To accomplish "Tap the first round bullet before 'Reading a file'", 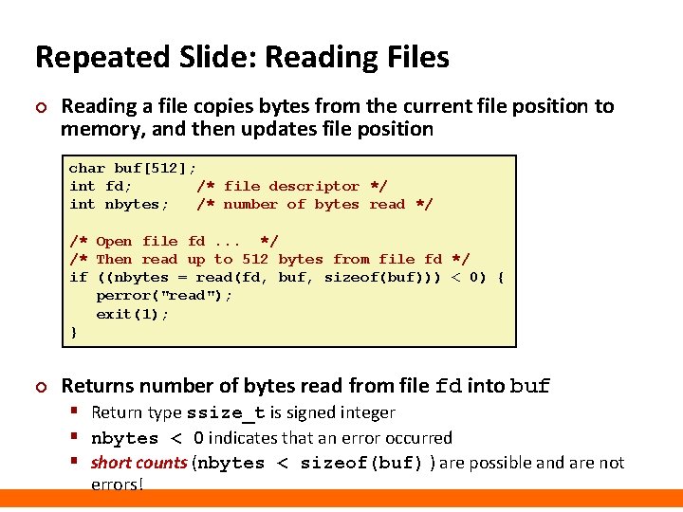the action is (x=40, y=107).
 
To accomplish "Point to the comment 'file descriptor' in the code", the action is (x=291, y=187).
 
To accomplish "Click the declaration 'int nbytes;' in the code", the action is (x=119, y=205).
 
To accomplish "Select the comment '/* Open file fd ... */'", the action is (x=174, y=242).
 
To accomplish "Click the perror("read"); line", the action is (x=164, y=296).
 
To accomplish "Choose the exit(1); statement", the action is (x=133, y=314).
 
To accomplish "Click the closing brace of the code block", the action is (x=73, y=332).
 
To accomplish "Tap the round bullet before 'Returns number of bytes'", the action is (x=40, y=387).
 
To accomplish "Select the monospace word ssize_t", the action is (x=227, y=413).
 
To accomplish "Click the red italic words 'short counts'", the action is (x=138, y=464).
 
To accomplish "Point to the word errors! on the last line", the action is (x=117, y=485).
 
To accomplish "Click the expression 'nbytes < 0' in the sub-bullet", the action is (x=147, y=438).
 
